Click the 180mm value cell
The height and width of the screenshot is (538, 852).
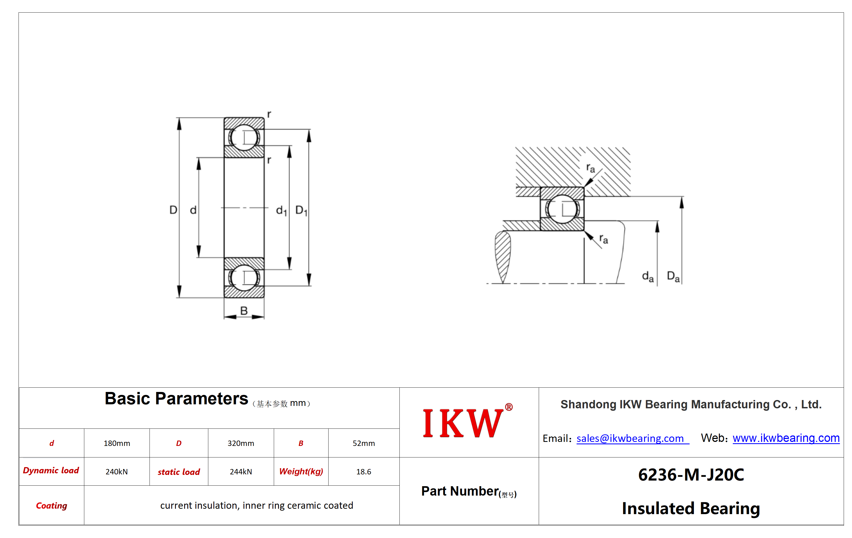coord(117,443)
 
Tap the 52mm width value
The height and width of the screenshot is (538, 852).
coord(363,443)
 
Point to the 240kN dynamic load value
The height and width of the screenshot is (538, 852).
coord(116,471)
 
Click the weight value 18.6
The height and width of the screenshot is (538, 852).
coord(363,471)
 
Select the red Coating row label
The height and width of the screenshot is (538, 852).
coord(52,506)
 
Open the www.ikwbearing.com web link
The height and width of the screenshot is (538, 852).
coord(786,438)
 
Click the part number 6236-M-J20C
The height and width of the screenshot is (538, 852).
coord(691,475)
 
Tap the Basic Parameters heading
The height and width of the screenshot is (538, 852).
coord(176,399)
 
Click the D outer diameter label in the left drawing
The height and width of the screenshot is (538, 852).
coord(173,210)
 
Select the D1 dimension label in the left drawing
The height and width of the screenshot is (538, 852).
coord(301,210)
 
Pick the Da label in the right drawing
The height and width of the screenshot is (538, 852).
coord(673,277)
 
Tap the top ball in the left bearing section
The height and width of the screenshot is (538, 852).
coord(244,137)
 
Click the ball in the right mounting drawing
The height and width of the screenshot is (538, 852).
coord(562,209)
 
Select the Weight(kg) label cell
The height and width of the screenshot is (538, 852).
coord(301,471)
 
